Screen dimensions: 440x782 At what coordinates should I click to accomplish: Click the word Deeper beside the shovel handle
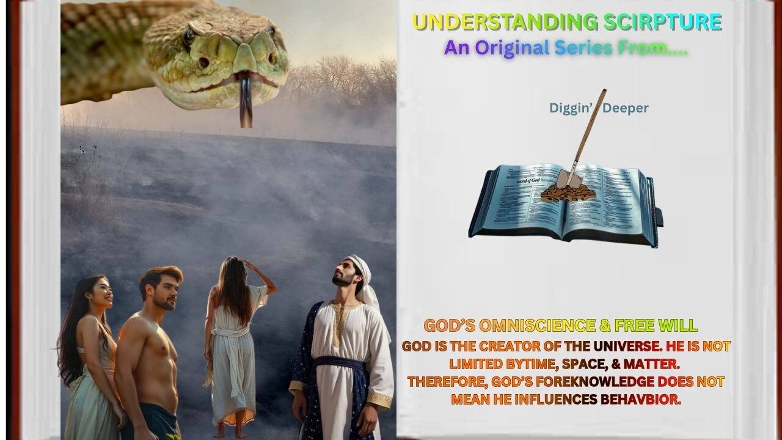click(x=626, y=108)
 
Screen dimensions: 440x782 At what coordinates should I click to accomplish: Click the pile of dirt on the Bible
click(x=568, y=193)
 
